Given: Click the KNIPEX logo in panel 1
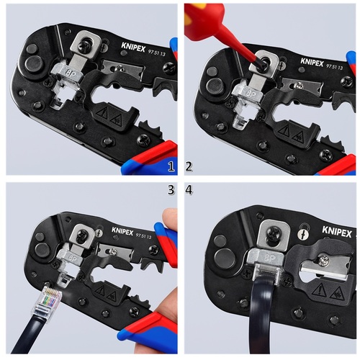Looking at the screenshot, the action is [133, 48].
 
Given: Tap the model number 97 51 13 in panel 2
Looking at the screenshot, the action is [335, 66].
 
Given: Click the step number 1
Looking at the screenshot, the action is [171, 166].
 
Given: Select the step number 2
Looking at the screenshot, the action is [189, 166].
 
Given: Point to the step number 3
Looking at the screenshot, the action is [171, 190].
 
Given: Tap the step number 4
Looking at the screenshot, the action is [189, 190].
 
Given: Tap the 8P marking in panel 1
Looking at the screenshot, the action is [71, 72].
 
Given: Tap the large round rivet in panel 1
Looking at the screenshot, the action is [34, 63].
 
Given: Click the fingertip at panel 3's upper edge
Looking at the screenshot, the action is [170, 216].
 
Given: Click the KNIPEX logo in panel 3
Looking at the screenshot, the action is [122, 231].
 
